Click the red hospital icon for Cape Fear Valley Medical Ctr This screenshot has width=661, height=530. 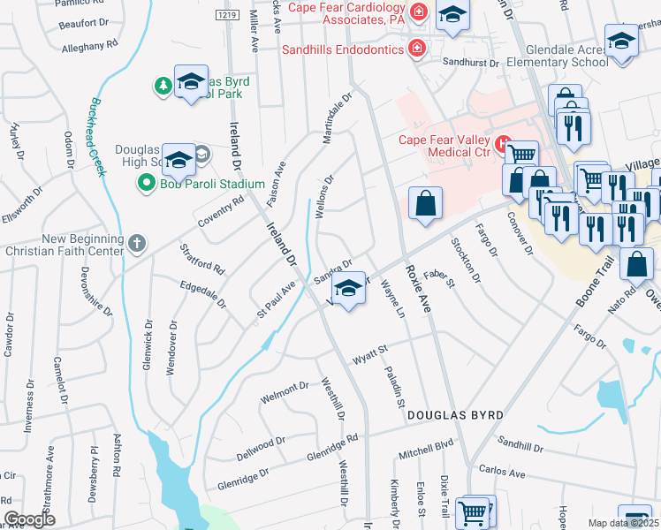coord(502,141)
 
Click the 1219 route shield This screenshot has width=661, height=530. coord(227,15)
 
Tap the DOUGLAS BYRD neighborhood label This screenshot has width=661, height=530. coord(455,414)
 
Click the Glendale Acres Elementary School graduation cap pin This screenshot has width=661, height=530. coord(621,42)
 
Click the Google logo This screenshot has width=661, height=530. coord(29,519)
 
